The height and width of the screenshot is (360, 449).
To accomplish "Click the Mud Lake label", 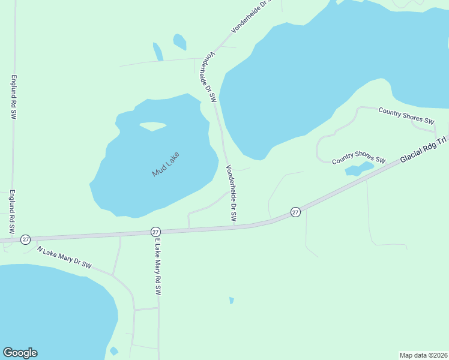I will tap(166, 164).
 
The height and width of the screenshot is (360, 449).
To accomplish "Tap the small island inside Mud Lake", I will tap(153, 126).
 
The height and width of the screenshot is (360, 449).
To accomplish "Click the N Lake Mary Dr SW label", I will tap(64, 257).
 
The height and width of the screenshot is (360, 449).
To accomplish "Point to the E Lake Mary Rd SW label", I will tap(158, 266).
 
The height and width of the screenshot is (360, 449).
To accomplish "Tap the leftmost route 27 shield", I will tap(25, 239).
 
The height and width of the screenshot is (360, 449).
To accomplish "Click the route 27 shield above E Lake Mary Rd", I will tap(155, 232).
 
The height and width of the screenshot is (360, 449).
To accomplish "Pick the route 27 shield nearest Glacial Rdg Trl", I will tap(295, 212).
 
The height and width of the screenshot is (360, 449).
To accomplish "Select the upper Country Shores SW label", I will tap(406, 115).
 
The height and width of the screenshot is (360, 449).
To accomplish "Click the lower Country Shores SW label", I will tap(359, 157).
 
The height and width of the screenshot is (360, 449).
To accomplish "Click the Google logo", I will tap(20, 353).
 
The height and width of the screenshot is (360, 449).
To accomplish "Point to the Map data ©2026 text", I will tap(423, 355).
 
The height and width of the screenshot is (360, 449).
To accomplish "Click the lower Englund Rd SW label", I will tap(11, 212).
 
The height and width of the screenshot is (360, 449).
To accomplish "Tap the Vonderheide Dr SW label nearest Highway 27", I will tap(231, 193).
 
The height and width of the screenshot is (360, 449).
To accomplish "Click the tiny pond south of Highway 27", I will tap(231, 300).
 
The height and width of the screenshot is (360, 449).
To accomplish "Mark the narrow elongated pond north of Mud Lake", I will tap(158, 52).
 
